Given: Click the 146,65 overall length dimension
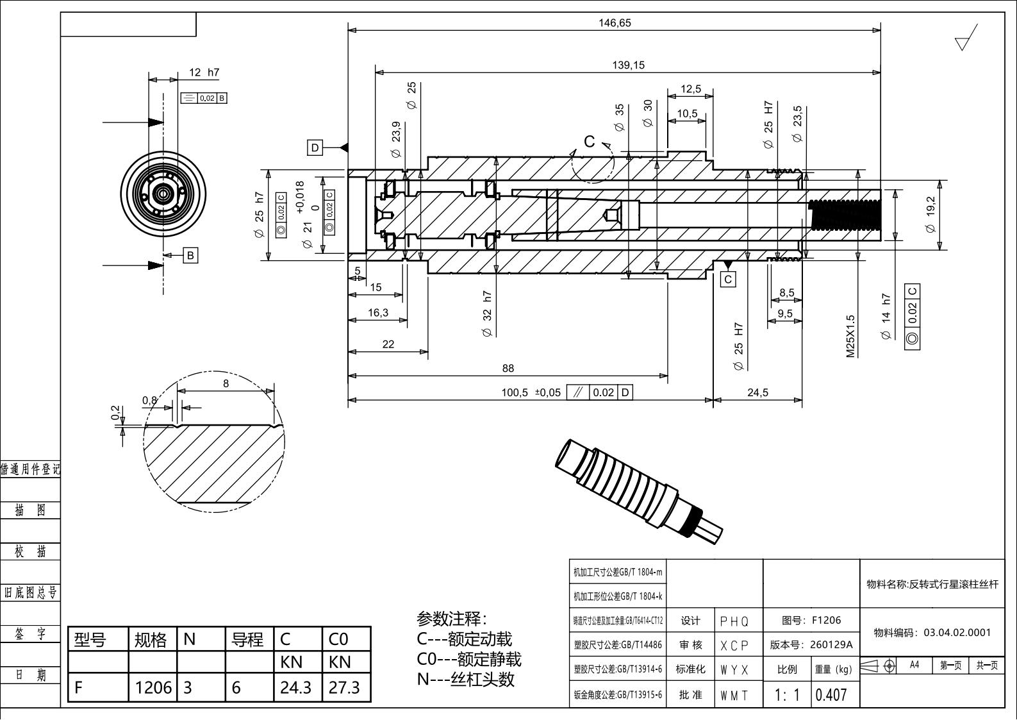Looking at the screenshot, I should pos(615,23).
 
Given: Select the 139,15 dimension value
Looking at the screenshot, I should pos(628,65).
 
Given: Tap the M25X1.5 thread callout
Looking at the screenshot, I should pos(851,336).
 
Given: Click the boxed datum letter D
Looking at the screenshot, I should pos(315,148).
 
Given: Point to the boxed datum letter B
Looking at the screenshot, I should pos(190,255).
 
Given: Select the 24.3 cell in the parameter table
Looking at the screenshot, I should pos(295,687).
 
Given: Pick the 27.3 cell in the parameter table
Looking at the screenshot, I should pos(344,687).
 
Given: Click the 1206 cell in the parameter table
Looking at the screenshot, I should pos(153,687).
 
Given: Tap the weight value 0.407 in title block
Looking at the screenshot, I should pos(831,695).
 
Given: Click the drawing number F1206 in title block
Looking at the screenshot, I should pos(826,620).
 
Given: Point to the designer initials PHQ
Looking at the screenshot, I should pos(734,621).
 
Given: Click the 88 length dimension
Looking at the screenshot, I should pos(508,368).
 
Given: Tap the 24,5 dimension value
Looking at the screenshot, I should pos(757,392).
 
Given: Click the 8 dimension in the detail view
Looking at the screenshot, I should pos(226,383).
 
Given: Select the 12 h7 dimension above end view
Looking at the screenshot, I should pos(204,72).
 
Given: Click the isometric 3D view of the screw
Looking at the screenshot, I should pos(638,490).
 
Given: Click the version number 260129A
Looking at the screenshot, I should pos(831,645).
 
